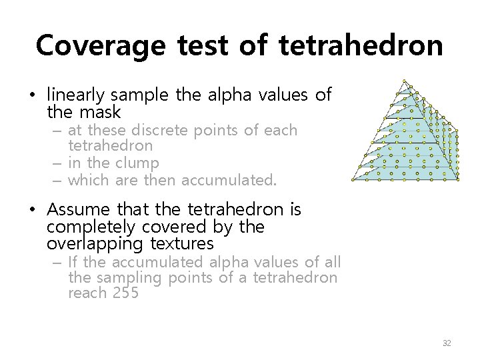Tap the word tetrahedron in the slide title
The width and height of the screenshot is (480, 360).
[x=361, y=45]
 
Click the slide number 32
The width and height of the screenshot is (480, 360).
[x=447, y=343]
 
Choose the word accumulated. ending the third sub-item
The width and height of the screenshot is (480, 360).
[x=229, y=179]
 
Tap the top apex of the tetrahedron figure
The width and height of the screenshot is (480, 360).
[x=404, y=81]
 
